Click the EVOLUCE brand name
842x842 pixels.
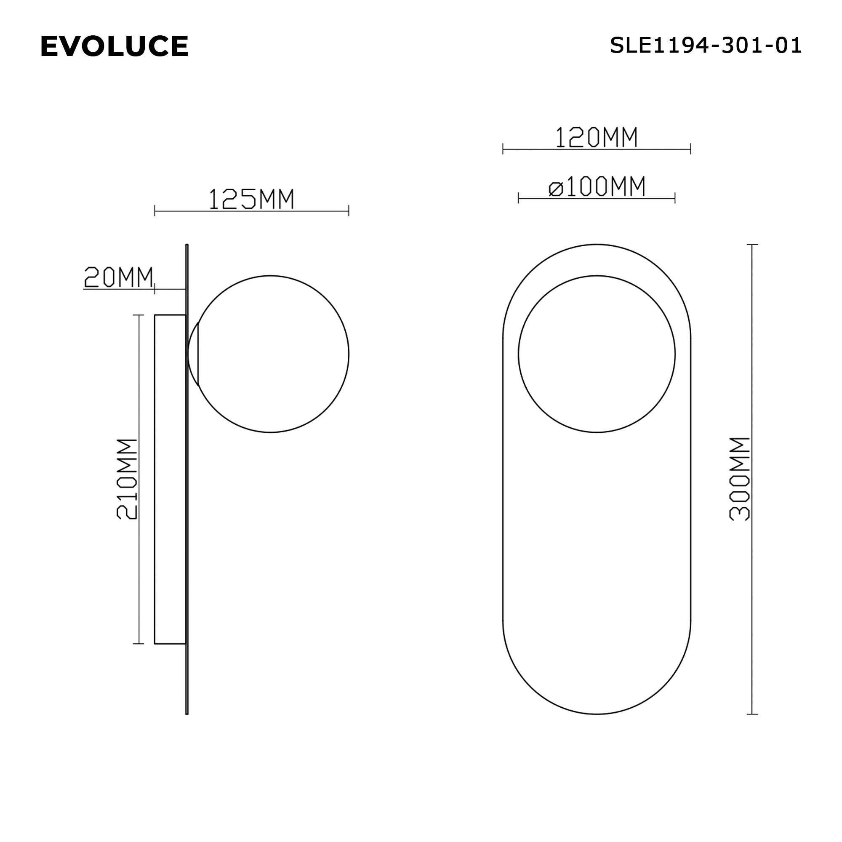(x=114, y=46)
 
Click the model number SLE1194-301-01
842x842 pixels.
(x=705, y=45)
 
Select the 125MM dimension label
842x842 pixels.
(x=251, y=199)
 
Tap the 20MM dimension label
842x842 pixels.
(x=119, y=277)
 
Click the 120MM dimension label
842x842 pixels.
(x=596, y=137)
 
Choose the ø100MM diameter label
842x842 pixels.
(x=596, y=187)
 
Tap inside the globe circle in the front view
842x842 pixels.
(x=596, y=354)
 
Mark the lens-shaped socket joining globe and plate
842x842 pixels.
(x=193, y=354)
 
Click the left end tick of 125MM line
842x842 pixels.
(x=155, y=211)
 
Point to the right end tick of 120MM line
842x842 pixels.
(x=690, y=149)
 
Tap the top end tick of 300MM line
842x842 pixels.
(x=752, y=245)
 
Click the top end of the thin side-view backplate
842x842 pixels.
(x=187, y=246)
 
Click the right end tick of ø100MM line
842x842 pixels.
(x=674, y=198)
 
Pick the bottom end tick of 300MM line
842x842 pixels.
(x=752, y=714)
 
